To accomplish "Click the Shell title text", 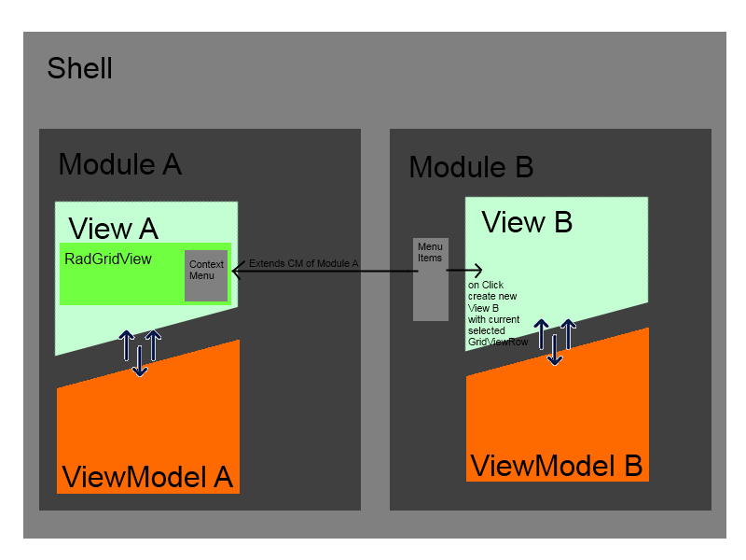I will (79, 68).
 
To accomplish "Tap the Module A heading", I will (119, 164).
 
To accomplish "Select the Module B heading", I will (471, 167).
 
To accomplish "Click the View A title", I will (113, 228).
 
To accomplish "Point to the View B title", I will (526, 223).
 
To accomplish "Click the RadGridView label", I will (108, 259).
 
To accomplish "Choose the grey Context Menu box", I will (206, 276).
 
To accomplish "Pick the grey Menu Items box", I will (431, 280).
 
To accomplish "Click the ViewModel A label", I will (146, 476).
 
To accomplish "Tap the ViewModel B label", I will (556, 465).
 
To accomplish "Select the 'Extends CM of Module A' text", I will (303, 264).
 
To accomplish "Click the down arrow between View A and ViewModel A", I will (140, 360).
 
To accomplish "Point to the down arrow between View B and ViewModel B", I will (554, 349).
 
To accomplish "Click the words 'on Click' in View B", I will (486, 285).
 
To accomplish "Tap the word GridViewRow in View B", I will (498, 343).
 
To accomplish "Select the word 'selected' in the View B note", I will (487, 330).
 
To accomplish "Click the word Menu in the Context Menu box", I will (201, 275).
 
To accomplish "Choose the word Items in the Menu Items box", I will (430, 258).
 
